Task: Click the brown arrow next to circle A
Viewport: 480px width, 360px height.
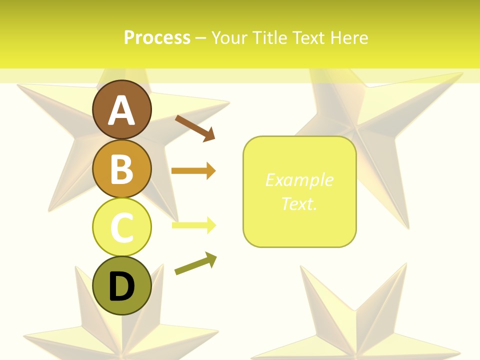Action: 195,128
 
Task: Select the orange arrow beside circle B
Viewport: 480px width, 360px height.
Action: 193,171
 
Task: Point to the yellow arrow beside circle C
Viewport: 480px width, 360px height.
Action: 193,225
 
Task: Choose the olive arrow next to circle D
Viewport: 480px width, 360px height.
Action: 195,263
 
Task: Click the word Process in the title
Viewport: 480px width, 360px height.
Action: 157,37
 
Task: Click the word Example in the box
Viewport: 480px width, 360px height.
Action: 299,180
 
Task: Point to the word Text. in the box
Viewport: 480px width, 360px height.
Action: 299,203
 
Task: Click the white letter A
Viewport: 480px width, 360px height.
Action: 122,110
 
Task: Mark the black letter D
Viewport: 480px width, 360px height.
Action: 122,288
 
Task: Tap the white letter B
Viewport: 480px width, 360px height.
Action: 122,169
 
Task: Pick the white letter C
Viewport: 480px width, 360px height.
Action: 122,228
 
